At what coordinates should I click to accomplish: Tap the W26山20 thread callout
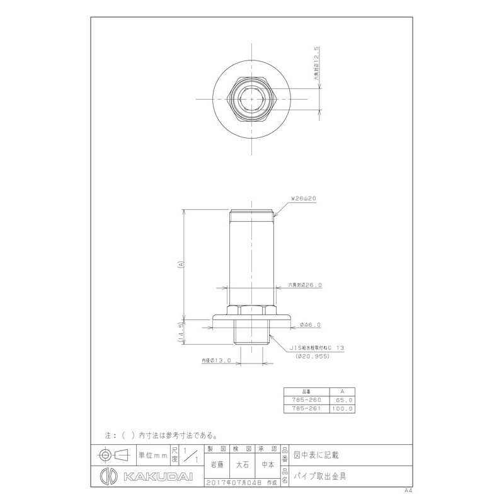coord(302,198)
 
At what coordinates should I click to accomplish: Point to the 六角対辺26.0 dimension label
coord(305,285)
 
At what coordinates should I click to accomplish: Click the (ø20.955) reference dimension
coord(313,355)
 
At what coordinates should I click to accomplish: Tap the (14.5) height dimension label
coord(181,331)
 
